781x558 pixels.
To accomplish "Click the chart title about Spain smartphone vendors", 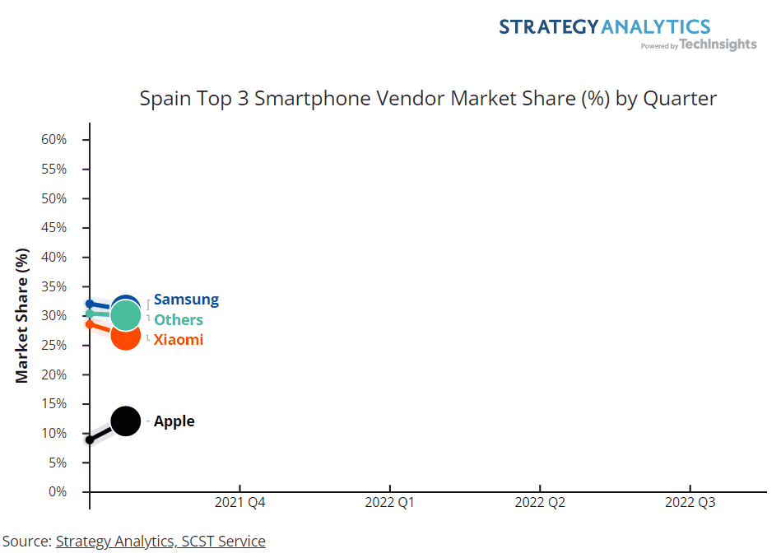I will [x=428, y=99].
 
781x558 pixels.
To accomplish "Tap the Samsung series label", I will [x=186, y=300].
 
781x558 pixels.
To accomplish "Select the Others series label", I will [x=178, y=319].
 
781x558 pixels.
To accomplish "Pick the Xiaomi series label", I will [x=178, y=339].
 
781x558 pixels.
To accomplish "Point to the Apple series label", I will [x=174, y=421].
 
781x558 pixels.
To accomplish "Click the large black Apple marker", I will [x=125, y=421].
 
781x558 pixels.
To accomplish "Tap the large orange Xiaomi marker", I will [x=125, y=337].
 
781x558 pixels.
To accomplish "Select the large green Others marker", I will [x=125, y=314].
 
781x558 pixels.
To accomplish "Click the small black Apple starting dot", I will [x=90, y=439].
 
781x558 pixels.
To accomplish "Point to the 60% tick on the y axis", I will [x=53, y=140].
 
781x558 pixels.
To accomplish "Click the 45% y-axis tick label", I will [x=53, y=228].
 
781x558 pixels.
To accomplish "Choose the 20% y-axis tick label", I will [x=53, y=374].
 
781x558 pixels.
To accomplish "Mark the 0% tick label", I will [x=57, y=492].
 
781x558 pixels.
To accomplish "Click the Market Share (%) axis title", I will [x=22, y=316].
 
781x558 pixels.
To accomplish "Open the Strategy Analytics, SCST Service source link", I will [x=160, y=541].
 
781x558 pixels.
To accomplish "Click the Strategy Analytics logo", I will [x=627, y=33].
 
